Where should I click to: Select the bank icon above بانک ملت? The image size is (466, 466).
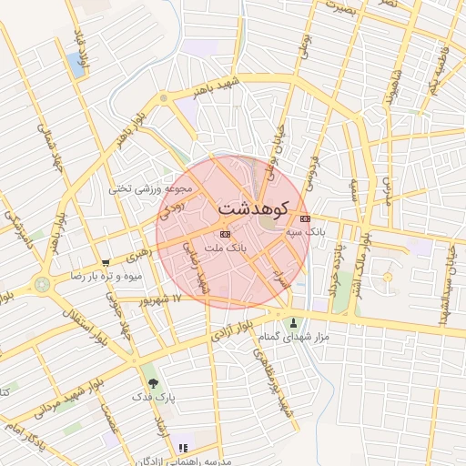pos(226,235)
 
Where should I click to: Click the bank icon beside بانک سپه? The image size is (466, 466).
pos(304,218)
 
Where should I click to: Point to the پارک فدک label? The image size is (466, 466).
pos(149,397)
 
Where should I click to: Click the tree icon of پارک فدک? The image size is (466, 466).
pos(152,383)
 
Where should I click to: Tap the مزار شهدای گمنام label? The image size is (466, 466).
pos(294,337)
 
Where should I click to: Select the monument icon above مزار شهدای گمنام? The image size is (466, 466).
pos(293,322)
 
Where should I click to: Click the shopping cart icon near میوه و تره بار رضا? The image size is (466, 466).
pos(106,262)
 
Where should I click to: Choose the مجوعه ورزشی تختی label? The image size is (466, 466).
pos(151,189)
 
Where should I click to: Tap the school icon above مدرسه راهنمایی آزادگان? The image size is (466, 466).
pos(183,448)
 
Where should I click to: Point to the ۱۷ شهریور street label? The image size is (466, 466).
pos(161,299)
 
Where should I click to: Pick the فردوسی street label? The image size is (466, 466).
pos(315,167)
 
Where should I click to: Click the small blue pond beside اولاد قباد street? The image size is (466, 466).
pos(74,63)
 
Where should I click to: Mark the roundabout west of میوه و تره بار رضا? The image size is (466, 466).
pos(42,284)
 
